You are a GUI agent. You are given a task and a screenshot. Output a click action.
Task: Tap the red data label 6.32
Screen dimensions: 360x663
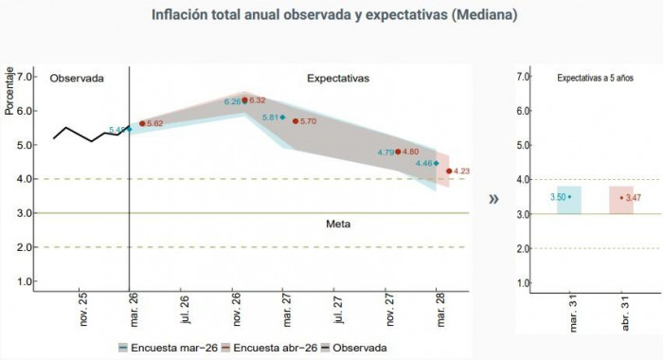click(x=258, y=99)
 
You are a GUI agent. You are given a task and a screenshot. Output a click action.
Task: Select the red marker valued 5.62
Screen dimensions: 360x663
click(x=142, y=123)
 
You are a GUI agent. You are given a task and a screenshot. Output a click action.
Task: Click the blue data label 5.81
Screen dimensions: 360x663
click(x=270, y=117)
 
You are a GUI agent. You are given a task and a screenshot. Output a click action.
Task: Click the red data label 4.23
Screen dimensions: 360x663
click(x=463, y=171)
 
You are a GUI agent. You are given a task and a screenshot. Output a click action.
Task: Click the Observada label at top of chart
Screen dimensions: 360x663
click(x=77, y=78)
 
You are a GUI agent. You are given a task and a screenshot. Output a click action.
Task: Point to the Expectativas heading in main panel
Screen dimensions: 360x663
click(x=338, y=78)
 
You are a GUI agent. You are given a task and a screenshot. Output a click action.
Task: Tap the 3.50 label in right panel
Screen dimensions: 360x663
click(x=558, y=197)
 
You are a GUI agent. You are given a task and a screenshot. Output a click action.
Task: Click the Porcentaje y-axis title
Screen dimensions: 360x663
click(x=9, y=90)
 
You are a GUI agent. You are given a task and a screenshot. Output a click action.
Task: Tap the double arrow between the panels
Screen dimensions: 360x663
click(x=493, y=199)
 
